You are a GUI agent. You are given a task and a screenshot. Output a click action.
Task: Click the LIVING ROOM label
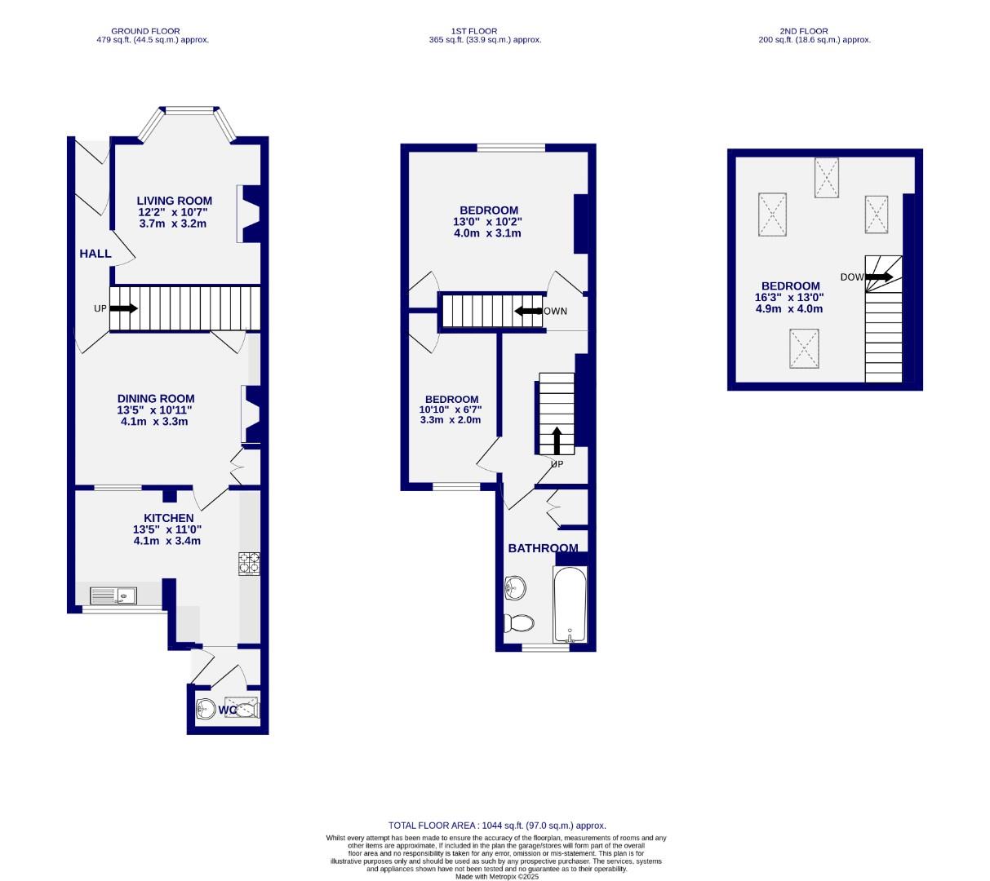[174, 201]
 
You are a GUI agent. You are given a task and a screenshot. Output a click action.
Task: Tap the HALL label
[95, 254]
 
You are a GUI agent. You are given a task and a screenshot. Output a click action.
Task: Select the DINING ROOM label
[155, 399]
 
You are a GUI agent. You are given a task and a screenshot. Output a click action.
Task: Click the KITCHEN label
[168, 518]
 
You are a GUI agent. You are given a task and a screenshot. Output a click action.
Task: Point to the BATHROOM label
[543, 548]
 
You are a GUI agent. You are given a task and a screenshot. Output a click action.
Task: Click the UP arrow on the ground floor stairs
[123, 308]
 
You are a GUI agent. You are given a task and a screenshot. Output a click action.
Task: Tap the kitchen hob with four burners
[249, 564]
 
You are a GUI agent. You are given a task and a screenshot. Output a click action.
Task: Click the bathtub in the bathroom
[570, 604]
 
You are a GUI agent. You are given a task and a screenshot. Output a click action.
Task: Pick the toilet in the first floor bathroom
[519, 623]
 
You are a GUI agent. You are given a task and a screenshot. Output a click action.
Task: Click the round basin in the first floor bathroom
[515, 587]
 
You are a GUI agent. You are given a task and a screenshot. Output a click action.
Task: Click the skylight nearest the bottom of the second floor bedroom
[803, 348]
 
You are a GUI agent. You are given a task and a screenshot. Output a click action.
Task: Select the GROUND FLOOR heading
[146, 31]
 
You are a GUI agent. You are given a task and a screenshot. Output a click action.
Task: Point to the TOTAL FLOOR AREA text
[497, 826]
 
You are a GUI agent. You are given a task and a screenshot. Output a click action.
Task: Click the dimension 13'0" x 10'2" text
[487, 222]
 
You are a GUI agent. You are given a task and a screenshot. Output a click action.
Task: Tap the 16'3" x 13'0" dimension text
[790, 298]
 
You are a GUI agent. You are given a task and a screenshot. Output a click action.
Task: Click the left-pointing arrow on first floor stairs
[529, 311]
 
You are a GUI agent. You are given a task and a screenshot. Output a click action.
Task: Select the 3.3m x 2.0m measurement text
[450, 420]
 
